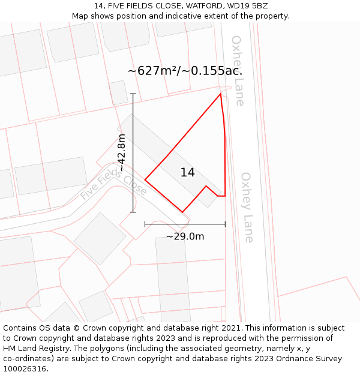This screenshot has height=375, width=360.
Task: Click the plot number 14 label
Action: point(187,173)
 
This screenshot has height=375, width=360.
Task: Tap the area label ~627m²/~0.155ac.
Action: point(185,71)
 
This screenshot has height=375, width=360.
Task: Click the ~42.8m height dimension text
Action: point(122,153)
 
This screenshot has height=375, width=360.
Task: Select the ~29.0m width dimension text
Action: point(185,236)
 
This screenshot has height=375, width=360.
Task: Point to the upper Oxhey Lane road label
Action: point(238,70)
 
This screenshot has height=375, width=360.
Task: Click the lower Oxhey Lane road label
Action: point(247,207)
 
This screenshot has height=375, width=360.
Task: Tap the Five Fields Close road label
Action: point(113,184)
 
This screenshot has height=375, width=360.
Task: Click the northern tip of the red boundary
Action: point(220,94)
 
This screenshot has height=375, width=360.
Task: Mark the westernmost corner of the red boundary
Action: point(145,179)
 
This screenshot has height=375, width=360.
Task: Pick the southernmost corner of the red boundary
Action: point(182,212)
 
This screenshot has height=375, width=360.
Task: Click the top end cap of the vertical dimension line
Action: point(133,94)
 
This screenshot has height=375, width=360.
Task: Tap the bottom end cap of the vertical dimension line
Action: point(133,212)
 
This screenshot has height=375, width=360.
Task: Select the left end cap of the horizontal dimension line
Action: point(145,224)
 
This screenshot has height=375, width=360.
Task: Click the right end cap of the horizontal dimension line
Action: point(225,224)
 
